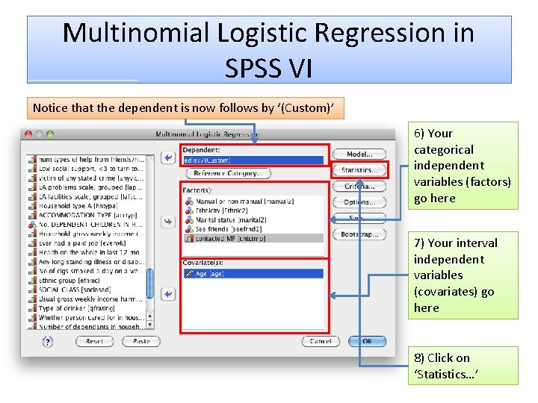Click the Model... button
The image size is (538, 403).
(x=359, y=154)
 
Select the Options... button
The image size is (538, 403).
(x=359, y=201)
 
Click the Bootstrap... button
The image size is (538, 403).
(x=359, y=234)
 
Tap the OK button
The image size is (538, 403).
(x=367, y=341)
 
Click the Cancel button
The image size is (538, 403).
(x=321, y=341)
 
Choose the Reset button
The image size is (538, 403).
(x=94, y=341)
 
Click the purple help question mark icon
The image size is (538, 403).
(x=48, y=341)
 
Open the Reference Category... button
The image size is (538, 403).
(x=228, y=173)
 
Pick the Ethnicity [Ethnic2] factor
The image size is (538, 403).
(x=223, y=210)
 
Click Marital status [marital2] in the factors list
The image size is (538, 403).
(x=234, y=219)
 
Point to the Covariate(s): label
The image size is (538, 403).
(x=201, y=262)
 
